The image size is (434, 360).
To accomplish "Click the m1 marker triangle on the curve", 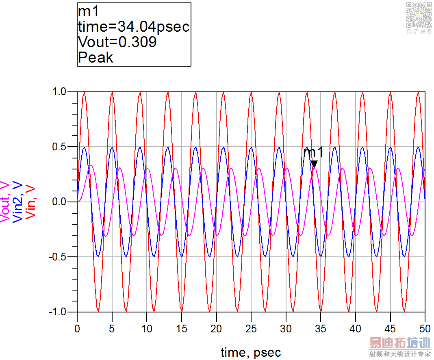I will (x=314, y=164).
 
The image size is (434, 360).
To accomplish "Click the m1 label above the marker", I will (x=313, y=153).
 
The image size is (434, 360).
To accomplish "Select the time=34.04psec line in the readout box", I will (x=134, y=27).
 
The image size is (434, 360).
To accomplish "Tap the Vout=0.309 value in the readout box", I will (x=117, y=42).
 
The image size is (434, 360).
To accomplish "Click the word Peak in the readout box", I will (x=95, y=57).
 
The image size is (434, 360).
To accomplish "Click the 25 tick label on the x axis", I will (x=251, y=328).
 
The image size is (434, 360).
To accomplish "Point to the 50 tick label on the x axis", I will (x=425, y=328).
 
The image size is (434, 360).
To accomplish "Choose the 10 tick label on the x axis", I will (x=147, y=328).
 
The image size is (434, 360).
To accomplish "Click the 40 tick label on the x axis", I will (x=355, y=328).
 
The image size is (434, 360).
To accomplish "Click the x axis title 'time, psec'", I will (x=251, y=352).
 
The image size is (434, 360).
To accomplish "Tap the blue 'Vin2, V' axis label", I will (x=18, y=202).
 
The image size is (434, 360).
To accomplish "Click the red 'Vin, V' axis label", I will (x=31, y=202).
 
